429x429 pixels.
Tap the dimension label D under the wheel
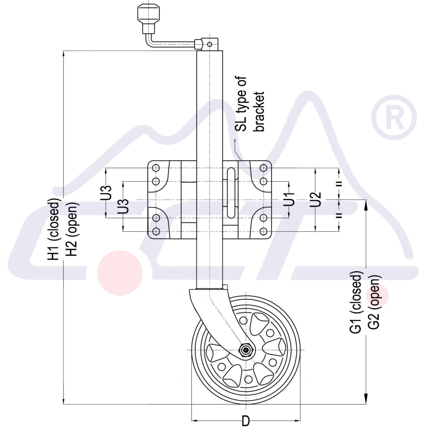click(245, 421)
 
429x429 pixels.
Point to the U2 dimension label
click(316, 199)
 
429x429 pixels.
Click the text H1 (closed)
click(54, 229)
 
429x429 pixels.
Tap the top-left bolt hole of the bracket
click(156, 168)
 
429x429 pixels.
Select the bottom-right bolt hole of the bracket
click(263, 231)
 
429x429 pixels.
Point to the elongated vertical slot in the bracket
click(231, 193)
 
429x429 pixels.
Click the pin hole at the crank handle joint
click(209, 44)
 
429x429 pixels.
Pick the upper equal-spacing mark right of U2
click(339, 183)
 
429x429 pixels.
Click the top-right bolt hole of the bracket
click(263, 168)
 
